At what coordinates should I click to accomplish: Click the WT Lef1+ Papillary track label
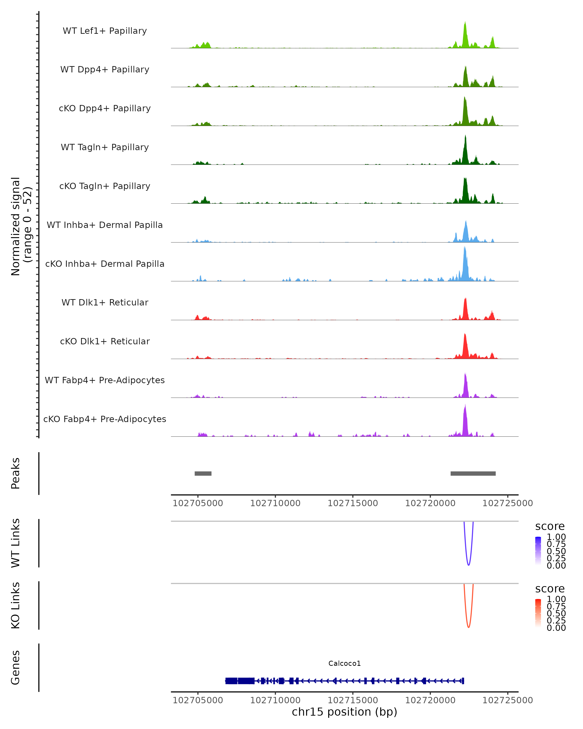(x=105, y=31)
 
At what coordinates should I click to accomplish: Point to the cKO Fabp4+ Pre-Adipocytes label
(x=105, y=419)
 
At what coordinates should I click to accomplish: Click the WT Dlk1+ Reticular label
(x=105, y=303)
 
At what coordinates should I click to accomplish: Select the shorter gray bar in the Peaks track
(x=203, y=473)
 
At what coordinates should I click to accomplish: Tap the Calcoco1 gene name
(x=344, y=663)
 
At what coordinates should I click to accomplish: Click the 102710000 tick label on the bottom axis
(x=275, y=700)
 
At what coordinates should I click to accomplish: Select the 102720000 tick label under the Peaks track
(x=430, y=503)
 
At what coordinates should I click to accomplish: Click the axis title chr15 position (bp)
(x=344, y=712)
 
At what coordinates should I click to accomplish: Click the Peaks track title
(x=16, y=473)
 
